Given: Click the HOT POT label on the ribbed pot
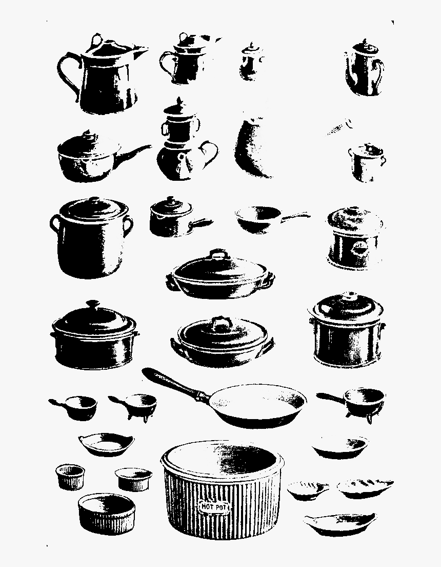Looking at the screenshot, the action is coord(214,506).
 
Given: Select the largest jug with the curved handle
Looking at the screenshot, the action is coord(102,74).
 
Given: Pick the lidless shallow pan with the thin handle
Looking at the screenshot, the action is coord(272,219).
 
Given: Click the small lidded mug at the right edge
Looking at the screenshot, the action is coord(366,162).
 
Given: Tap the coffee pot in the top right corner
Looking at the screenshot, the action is coord(365,68).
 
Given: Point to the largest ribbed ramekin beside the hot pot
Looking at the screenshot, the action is coord(107,514).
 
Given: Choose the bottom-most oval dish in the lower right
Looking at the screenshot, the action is coord(339,524).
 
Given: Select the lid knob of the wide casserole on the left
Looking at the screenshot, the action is coord(92,304).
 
